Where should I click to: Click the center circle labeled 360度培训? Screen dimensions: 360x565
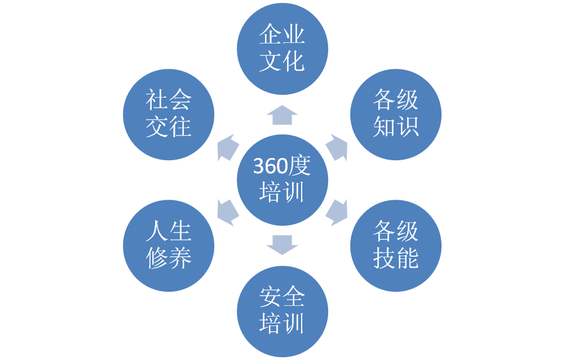[282, 179]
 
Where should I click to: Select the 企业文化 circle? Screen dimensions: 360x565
[282, 49]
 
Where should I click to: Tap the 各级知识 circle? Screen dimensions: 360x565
[396, 114]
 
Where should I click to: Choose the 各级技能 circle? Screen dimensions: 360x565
[396, 245]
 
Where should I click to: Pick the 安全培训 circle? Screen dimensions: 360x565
[282, 310]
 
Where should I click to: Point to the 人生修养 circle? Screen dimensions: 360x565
[169, 245]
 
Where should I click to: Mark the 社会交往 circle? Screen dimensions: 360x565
[169, 114]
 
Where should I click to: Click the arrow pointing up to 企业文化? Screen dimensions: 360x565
[282, 115]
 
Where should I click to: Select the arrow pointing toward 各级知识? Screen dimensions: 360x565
[337, 148]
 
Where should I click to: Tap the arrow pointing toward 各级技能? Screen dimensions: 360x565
[337, 212]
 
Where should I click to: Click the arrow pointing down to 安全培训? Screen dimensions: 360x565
[282, 245]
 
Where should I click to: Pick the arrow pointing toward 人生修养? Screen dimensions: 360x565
[227, 212]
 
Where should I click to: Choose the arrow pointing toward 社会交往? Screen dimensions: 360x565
[227, 148]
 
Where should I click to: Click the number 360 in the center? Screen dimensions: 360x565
[269, 166]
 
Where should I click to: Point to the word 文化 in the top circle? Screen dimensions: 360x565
[282, 62]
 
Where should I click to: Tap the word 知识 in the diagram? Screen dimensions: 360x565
[396, 127]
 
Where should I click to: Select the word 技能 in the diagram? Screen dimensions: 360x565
[396, 258]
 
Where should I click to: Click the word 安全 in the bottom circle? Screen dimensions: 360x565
[282, 297]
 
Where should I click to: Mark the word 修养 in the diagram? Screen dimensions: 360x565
[169, 258]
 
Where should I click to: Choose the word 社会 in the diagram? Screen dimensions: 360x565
[169, 101]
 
